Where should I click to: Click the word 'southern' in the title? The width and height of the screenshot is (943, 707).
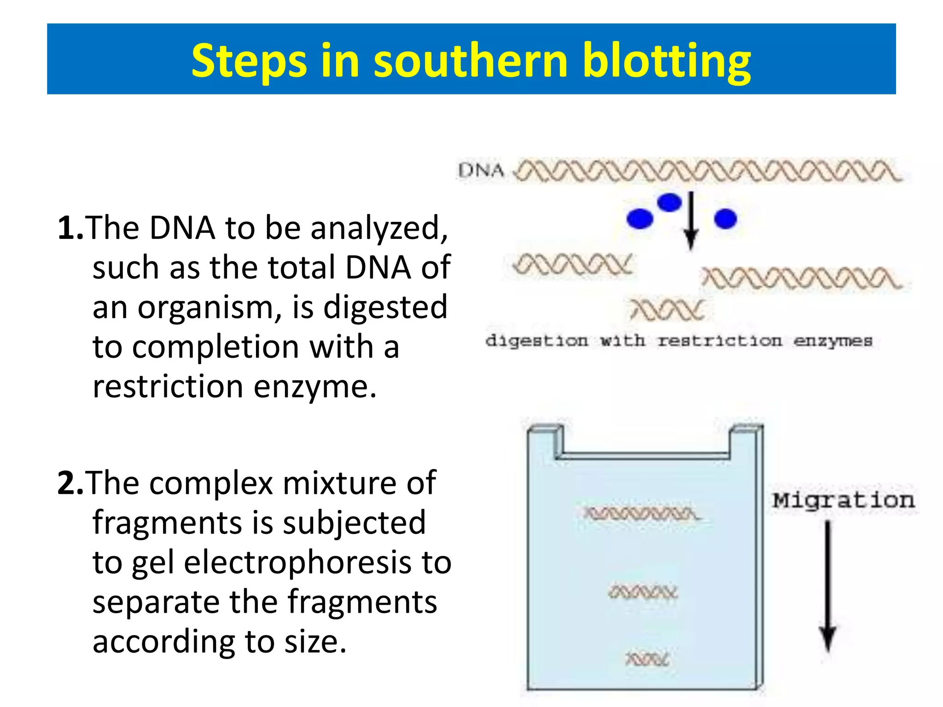click(471, 61)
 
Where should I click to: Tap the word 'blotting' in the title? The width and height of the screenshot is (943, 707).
click(666, 61)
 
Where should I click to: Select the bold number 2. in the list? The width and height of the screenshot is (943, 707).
click(70, 483)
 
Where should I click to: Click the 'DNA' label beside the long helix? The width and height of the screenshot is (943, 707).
click(481, 171)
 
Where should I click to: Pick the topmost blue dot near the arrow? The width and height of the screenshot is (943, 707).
click(669, 202)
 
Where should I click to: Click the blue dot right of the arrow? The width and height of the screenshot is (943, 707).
click(725, 218)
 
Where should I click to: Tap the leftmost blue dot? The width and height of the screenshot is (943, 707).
click(640, 218)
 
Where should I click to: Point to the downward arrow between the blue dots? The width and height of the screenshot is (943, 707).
click(690, 221)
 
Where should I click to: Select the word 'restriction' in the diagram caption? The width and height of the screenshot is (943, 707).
click(720, 341)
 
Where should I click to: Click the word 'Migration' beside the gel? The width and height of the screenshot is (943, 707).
click(844, 500)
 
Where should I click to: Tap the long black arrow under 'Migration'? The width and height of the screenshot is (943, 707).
click(828, 585)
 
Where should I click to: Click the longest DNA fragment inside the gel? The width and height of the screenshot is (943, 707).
click(641, 513)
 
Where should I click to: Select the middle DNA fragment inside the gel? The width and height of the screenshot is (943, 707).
click(643, 592)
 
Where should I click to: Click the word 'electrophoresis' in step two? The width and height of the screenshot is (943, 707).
click(297, 562)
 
